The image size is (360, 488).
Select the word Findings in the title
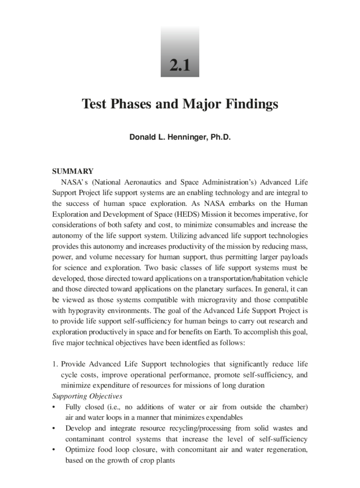252,104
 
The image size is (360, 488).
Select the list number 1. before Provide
55,364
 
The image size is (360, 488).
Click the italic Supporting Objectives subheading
87,396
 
